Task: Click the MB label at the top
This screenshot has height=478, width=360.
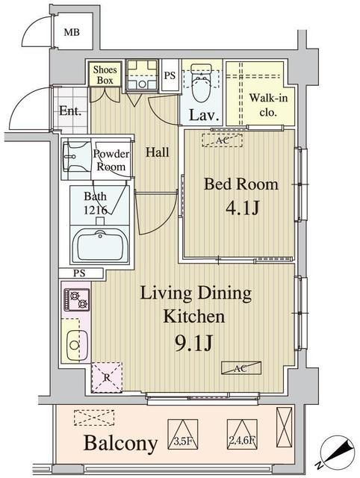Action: click(72, 32)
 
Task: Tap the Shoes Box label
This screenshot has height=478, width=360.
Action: click(105, 75)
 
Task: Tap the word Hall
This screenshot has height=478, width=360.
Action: click(157, 152)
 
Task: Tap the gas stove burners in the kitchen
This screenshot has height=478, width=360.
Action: click(75, 299)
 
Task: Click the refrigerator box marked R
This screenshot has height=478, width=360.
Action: click(106, 376)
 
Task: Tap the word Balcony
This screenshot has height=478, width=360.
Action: click(120, 444)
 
